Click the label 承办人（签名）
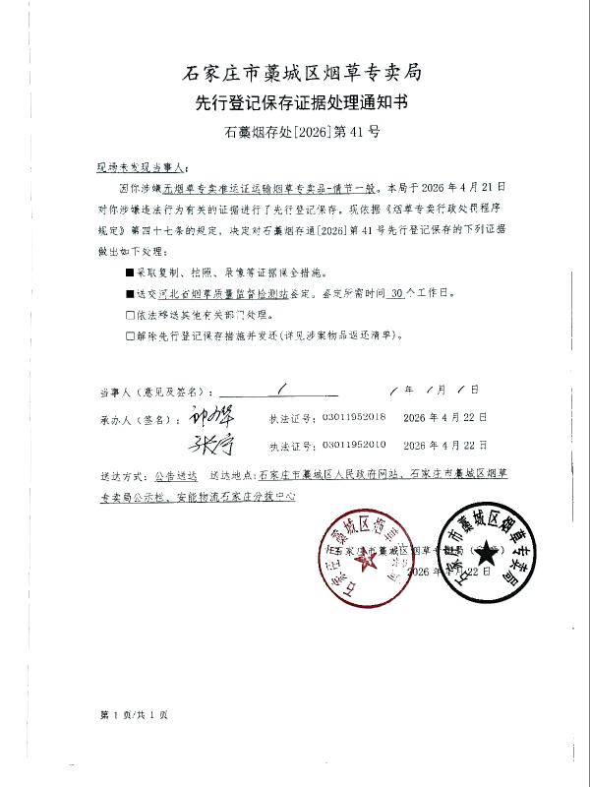tap(135, 418)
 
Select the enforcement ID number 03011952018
tap(353, 418)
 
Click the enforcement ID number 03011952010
tap(353, 445)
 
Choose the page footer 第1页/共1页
tap(133, 714)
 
